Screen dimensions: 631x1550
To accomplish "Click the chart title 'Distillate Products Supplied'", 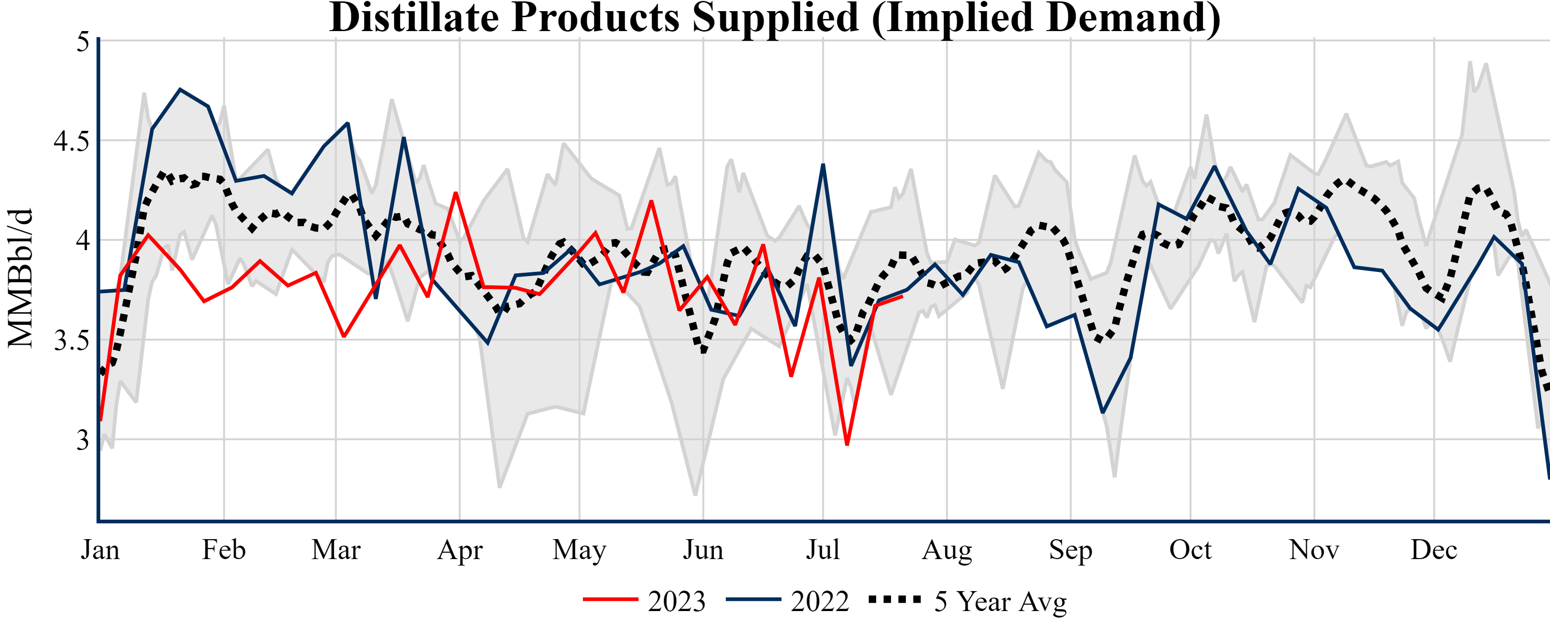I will click(x=775, y=18).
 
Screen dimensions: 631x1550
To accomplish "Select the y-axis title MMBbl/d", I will click(x=20, y=278).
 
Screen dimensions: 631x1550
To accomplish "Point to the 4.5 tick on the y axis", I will click(x=71, y=142).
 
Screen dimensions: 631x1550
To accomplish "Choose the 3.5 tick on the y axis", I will click(x=71, y=341).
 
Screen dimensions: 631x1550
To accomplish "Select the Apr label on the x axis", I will click(x=460, y=550).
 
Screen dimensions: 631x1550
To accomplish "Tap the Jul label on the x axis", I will click(x=822, y=550).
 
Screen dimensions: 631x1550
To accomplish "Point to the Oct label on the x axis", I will click(x=1190, y=550).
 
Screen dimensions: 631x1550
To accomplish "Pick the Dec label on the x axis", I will click(x=1434, y=550).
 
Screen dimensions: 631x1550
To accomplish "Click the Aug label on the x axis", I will click(x=947, y=550).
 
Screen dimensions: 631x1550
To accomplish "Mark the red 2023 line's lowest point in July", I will click(x=847, y=444).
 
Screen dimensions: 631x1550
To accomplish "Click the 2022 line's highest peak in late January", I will click(x=180, y=90).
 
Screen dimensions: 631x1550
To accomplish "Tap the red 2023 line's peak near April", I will click(x=456, y=193).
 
